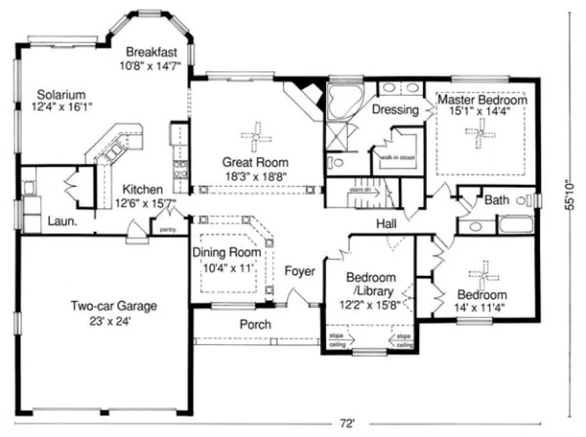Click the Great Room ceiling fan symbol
pos(255,135)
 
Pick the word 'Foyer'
pos(300,270)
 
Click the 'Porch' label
pos(255,324)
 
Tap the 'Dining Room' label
pos(226,252)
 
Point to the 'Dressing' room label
pos(395,110)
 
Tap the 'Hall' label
pos(386,224)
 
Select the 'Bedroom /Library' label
pos(372,283)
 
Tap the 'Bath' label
pos(497,199)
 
